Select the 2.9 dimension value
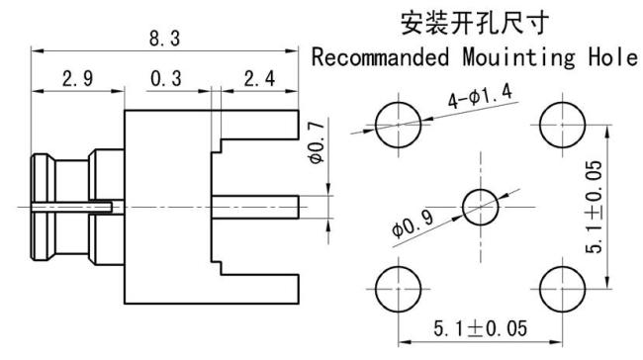tap(77, 79)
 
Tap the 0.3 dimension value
tap(165, 79)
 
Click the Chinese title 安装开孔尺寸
tap(474, 21)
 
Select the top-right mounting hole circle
tap(560, 124)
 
